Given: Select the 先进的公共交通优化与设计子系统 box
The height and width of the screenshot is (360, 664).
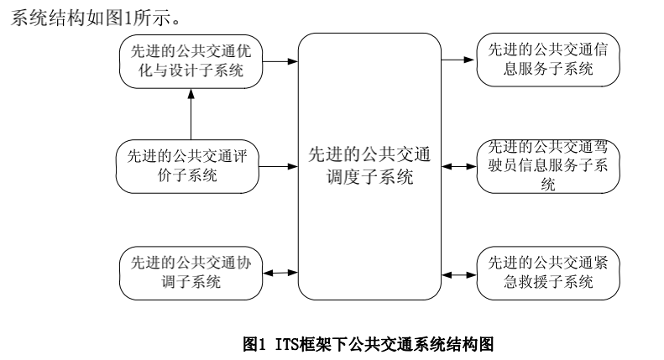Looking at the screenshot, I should pyautogui.click(x=190, y=61).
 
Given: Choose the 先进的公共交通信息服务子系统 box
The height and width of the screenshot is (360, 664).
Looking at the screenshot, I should pyautogui.click(x=548, y=60).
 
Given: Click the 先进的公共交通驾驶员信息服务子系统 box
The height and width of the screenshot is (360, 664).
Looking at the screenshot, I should pyautogui.click(x=548, y=165).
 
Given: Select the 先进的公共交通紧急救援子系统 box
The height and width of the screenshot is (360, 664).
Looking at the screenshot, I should pyautogui.click(x=548, y=272).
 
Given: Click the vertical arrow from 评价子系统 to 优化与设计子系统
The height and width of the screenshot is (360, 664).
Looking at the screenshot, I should pyautogui.click(x=191, y=113).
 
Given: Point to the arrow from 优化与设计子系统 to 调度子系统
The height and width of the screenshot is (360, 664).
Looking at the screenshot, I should pyautogui.click(x=280, y=61).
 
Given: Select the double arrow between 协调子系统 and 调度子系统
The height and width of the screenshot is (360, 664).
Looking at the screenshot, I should pyautogui.click(x=280, y=272).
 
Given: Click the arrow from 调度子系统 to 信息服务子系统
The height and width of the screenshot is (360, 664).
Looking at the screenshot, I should pyautogui.click(x=458, y=60).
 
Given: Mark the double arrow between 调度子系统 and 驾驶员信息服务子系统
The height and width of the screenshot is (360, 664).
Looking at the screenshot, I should pyautogui.click(x=458, y=165).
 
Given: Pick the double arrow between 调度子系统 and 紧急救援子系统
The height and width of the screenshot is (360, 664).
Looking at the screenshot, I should pyautogui.click(x=458, y=272).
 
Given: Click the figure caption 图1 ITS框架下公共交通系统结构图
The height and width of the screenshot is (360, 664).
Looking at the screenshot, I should pyautogui.click(x=368, y=342).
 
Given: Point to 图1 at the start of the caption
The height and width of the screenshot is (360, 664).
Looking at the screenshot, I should pyautogui.click(x=254, y=342).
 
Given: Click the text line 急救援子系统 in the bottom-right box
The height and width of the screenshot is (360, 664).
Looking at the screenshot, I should pyautogui.click(x=548, y=281).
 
